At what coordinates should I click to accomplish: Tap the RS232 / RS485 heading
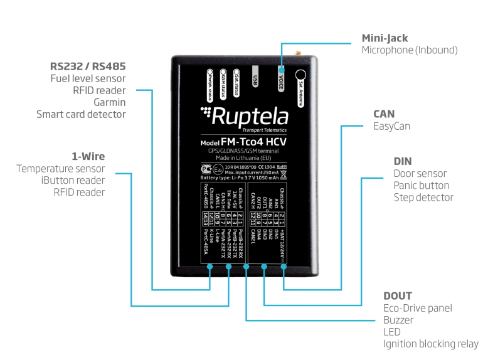[88, 66]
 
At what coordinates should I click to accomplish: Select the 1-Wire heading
[88, 156]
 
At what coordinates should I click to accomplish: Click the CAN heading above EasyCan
[383, 114]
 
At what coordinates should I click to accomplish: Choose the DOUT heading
[398, 295]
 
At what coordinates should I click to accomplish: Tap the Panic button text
[421, 186]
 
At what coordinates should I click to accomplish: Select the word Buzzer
[399, 319]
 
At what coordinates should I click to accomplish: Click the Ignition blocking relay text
[430, 344]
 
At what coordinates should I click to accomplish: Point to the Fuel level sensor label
[88, 78]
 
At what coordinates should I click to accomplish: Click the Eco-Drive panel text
[417, 308]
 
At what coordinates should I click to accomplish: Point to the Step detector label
[423, 198]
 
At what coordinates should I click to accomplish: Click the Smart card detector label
[81, 114]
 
